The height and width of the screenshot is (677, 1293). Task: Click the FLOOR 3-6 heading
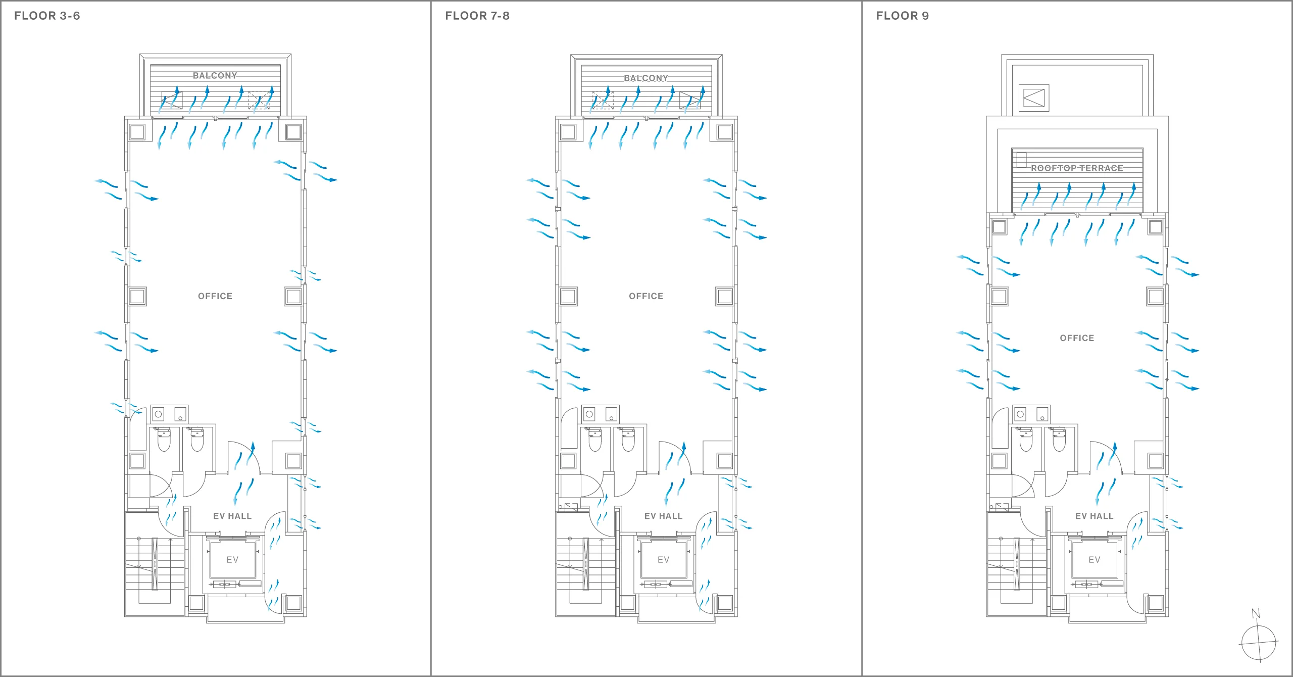click(x=47, y=16)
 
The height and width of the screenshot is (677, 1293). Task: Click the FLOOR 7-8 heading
click(x=477, y=16)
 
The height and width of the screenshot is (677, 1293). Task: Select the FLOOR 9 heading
click(x=903, y=16)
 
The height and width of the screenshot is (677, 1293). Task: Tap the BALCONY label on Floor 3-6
click(x=215, y=76)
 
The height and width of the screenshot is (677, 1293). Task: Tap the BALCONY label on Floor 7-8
click(x=646, y=78)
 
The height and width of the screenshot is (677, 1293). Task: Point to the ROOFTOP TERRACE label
click(x=1077, y=168)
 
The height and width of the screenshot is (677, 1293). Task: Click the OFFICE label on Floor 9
click(x=1077, y=338)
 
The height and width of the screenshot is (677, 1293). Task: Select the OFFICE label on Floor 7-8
click(x=646, y=296)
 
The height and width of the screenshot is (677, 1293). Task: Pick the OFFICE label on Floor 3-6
click(x=215, y=296)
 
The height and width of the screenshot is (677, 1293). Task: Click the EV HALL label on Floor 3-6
click(x=232, y=516)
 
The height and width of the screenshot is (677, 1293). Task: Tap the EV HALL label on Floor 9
click(x=1095, y=516)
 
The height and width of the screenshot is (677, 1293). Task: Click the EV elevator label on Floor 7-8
click(x=664, y=560)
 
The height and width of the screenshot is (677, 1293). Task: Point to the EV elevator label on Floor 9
click(x=1095, y=560)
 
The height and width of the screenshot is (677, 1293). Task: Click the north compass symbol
click(x=1259, y=643)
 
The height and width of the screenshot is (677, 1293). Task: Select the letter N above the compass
click(x=1256, y=613)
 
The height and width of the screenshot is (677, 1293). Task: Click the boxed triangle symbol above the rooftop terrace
click(x=1034, y=98)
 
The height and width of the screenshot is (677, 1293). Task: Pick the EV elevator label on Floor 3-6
click(x=232, y=560)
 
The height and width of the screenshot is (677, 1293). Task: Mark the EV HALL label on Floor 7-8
click(x=664, y=516)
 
